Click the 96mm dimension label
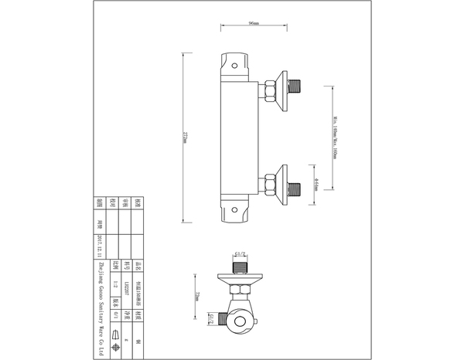[253, 25]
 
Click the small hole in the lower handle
[235, 211]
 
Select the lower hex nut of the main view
[270, 185]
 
